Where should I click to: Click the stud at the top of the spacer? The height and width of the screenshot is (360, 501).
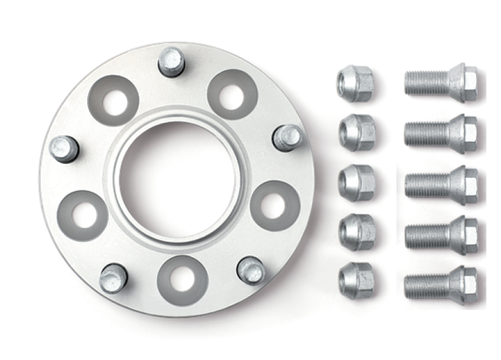(x=170, y=61)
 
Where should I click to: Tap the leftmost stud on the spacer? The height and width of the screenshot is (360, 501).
(x=65, y=148)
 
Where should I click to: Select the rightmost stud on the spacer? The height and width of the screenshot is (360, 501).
(x=287, y=136)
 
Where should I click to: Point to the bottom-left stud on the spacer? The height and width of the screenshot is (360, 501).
(x=113, y=277)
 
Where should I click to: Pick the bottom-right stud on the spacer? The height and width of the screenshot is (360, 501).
(x=251, y=270)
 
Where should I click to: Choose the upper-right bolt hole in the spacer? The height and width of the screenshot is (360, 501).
(x=232, y=94)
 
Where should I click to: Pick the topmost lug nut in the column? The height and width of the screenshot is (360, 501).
(x=355, y=81)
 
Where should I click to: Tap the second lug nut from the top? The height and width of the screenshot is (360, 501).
(x=357, y=132)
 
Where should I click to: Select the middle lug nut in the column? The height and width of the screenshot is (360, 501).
(x=357, y=182)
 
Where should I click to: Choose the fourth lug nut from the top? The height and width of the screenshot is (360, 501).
(x=357, y=232)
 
